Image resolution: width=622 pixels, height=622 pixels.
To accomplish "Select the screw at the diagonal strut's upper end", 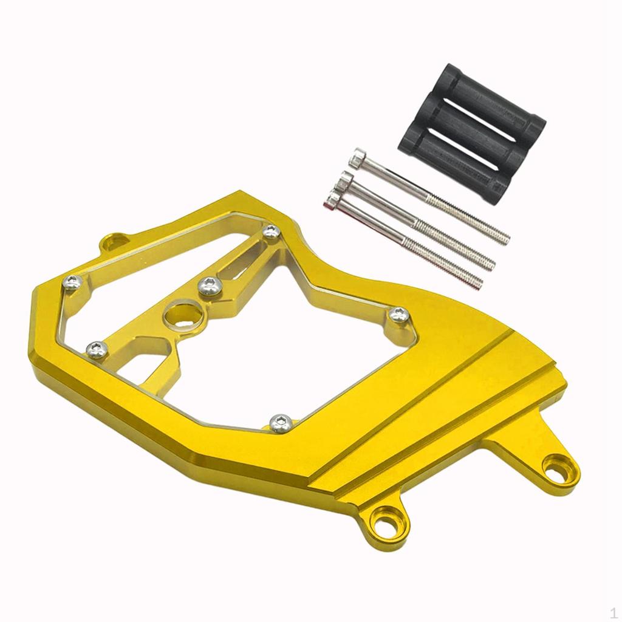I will coord(272,231).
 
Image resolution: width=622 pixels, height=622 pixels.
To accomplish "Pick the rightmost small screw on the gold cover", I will coord(398,315).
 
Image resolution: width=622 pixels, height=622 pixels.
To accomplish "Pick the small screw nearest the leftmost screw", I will coord(97,349).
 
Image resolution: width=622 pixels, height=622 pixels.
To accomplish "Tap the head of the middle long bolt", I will coord(346,180).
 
